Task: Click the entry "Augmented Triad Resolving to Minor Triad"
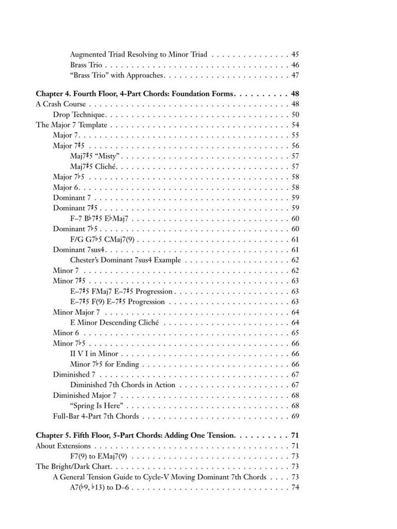pyautogui.click(x=139, y=54)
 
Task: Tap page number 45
pyautogui.click(x=295, y=54)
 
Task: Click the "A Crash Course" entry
pyautogui.click(x=60, y=104)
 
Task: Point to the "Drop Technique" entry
pyautogui.click(x=79, y=115)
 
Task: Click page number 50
pyautogui.click(x=295, y=115)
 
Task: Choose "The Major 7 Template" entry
pyautogui.click(x=71, y=125)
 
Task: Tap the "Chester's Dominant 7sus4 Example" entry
pyautogui.click(x=125, y=260)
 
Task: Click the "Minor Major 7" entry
pyautogui.click(x=77, y=312)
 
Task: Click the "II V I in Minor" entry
pyautogui.click(x=94, y=354)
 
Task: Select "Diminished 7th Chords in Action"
pyautogui.click(x=123, y=385)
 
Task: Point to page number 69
pyautogui.click(x=295, y=416)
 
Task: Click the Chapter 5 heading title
pyautogui.click(x=135, y=436)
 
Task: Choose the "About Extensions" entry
pyautogui.click(x=63, y=446)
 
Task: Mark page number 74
pyautogui.click(x=295, y=487)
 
